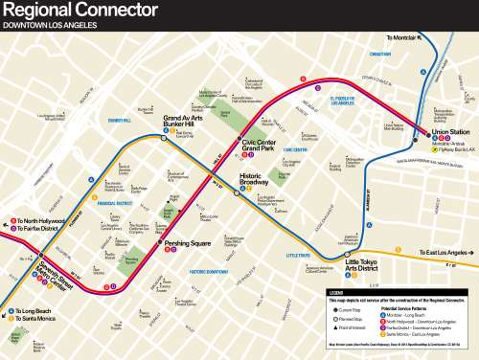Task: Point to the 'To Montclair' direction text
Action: click(x=403, y=37)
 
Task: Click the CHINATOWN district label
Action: click(x=380, y=55)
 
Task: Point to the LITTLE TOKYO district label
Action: click(x=299, y=255)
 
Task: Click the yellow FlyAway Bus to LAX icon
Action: click(x=436, y=150)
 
